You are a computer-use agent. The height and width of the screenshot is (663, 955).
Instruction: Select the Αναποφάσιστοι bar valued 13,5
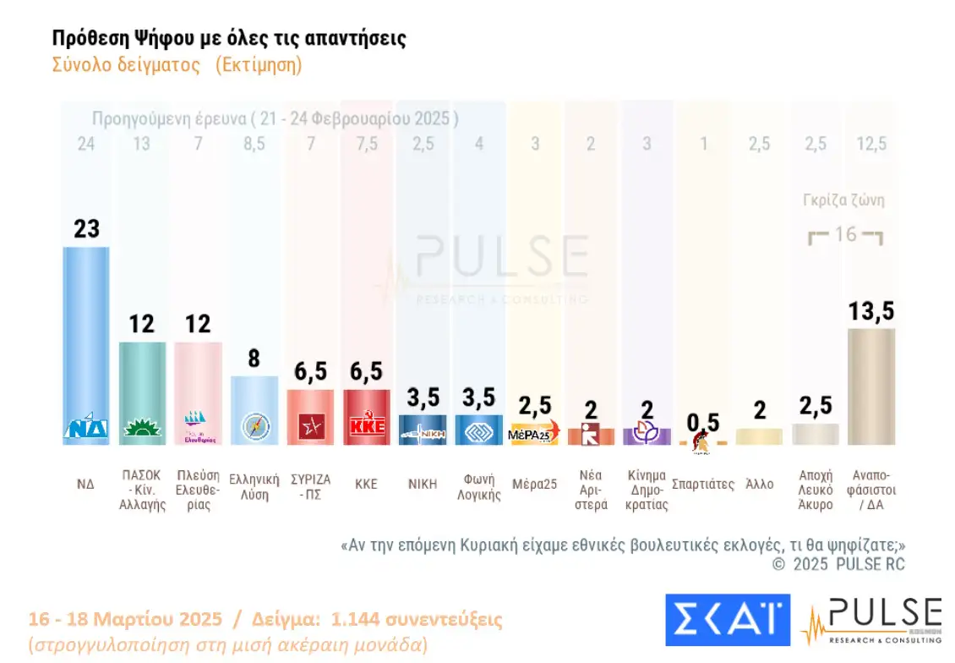[x=871, y=385]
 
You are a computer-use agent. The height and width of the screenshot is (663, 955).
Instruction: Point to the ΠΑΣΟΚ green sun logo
[x=142, y=429]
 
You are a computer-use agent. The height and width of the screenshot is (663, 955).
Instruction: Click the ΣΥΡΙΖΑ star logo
[x=311, y=427]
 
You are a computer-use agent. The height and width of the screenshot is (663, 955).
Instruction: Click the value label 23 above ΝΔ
[x=86, y=229]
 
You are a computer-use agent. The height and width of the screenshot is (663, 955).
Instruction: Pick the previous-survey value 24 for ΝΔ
[x=85, y=145]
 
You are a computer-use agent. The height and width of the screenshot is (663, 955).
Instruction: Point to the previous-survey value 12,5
[x=871, y=145]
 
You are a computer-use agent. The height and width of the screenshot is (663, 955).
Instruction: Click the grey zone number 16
[x=846, y=234]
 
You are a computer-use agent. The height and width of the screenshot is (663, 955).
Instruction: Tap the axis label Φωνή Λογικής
[x=479, y=488]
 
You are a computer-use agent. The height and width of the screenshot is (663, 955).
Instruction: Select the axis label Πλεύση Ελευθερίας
[x=198, y=490]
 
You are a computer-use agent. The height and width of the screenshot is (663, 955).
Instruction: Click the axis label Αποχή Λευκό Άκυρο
[x=816, y=490]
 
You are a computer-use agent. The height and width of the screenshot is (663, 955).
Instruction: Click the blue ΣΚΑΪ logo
[x=728, y=620]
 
